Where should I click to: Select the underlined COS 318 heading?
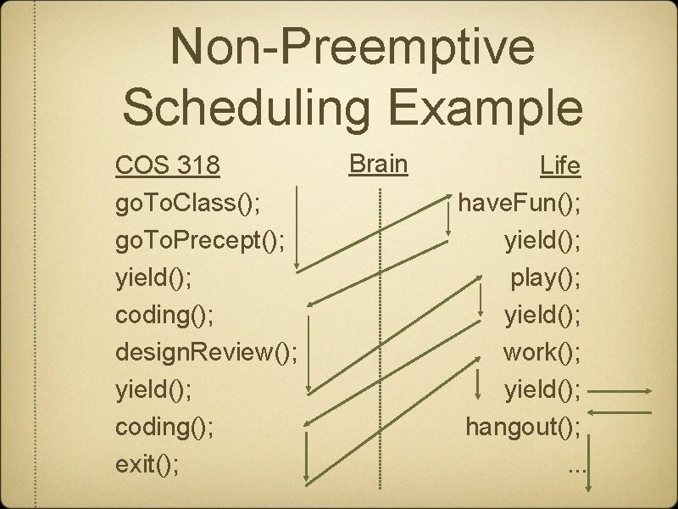(168, 166)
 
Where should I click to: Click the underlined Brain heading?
(378, 163)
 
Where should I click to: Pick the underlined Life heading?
(561, 166)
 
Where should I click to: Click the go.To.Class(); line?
(187, 204)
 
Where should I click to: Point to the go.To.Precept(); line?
(204, 241)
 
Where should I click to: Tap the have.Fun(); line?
(519, 204)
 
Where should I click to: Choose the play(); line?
(545, 277)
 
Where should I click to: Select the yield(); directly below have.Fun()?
(542, 241)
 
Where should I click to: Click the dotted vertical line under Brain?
(380, 339)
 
